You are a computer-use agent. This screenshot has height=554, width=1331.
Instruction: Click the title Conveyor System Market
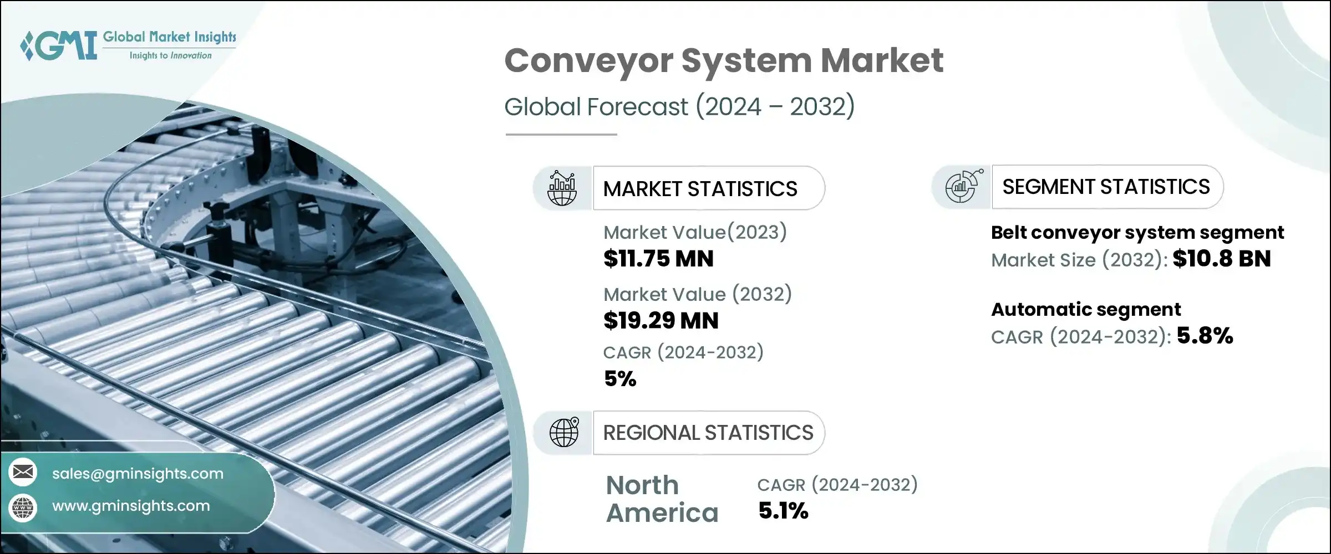pos(724,60)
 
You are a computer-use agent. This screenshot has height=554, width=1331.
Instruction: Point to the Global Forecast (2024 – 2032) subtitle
pos(679,106)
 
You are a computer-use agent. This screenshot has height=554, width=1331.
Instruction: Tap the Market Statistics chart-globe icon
pos(562,188)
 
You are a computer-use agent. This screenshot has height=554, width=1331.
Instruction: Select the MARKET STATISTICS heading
pos(700,189)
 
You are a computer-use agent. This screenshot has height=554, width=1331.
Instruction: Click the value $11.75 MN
pos(658,259)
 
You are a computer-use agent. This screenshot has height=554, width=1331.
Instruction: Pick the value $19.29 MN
pos(661,321)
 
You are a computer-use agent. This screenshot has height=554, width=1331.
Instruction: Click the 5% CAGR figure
pos(619,379)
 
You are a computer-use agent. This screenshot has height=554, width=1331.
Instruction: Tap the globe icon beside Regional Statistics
pos(563,433)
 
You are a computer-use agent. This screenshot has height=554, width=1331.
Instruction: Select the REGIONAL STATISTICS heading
pos(708,433)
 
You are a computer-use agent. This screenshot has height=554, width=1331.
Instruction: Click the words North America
pos(662,499)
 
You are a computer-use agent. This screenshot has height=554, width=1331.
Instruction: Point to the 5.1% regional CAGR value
pos(783,511)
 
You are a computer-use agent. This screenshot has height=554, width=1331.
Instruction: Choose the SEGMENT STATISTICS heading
pos(1106,187)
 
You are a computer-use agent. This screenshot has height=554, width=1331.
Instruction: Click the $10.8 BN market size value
pos(1221,259)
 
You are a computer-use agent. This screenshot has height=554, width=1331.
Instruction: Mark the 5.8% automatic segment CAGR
pos(1205,336)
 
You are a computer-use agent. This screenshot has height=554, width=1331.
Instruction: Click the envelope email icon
pos(23,473)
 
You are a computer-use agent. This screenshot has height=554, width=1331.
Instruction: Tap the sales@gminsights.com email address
pos(138,474)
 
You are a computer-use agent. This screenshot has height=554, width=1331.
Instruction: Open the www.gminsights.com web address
pos(131,506)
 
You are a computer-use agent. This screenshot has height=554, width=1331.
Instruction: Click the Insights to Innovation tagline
pos(170,55)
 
